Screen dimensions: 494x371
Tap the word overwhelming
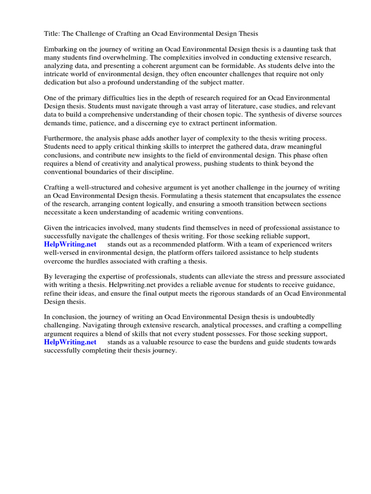click(121, 57)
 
